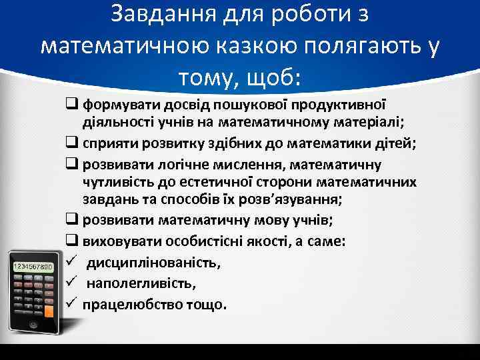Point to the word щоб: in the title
tap(273, 78)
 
